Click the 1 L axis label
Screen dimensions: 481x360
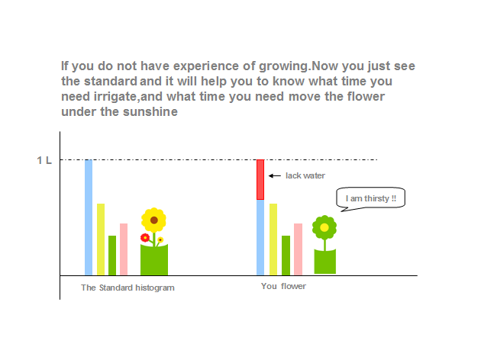[44, 160]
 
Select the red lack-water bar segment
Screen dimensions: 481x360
[260, 180]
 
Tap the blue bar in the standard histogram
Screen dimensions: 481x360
[89, 217]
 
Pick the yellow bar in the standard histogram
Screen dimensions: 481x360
[101, 239]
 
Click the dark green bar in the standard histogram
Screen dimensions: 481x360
[112, 256]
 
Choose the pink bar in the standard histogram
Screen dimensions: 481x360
[124, 249]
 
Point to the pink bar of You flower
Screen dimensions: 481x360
[299, 249]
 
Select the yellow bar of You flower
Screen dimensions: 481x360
[273, 239]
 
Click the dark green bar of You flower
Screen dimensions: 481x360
[286, 256]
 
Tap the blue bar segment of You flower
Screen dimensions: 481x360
[260, 238]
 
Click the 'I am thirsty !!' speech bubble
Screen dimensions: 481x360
[370, 198]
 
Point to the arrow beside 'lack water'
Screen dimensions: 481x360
[275, 176]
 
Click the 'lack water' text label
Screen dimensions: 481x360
[305, 175]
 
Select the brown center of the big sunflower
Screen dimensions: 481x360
[154, 220]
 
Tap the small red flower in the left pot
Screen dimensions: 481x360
[145, 237]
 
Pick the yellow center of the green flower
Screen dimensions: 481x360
[324, 227]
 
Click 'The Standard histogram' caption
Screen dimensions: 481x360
[128, 288]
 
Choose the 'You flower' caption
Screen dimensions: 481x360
[283, 286]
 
